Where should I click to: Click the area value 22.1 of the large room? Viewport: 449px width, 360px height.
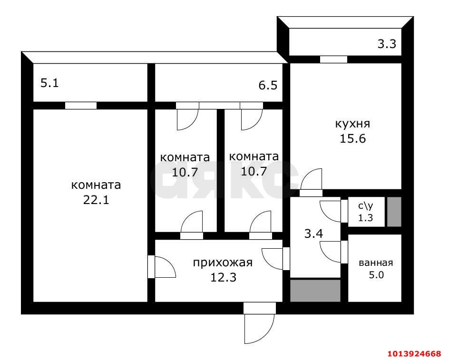tap(96, 200)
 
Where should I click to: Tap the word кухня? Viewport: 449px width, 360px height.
tap(352, 124)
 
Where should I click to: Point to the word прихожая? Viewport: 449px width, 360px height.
tap(222, 263)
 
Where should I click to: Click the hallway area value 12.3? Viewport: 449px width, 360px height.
tap(223, 276)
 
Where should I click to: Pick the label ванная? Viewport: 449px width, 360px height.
tap(375, 263)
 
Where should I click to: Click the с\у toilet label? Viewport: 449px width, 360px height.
tap(365, 206)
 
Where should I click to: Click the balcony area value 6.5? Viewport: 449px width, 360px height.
tap(268, 86)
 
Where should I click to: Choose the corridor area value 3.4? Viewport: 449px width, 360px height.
tap(314, 234)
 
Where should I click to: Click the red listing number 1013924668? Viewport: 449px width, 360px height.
tap(414, 353)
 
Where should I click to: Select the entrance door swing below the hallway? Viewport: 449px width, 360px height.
tap(259, 328)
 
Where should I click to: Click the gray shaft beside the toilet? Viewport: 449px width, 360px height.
tap(394, 212)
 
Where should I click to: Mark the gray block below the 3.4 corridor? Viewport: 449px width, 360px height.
tap(315, 290)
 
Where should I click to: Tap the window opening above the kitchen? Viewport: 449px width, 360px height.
tap(333, 59)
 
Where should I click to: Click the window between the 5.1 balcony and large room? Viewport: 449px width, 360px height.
tap(81, 106)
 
